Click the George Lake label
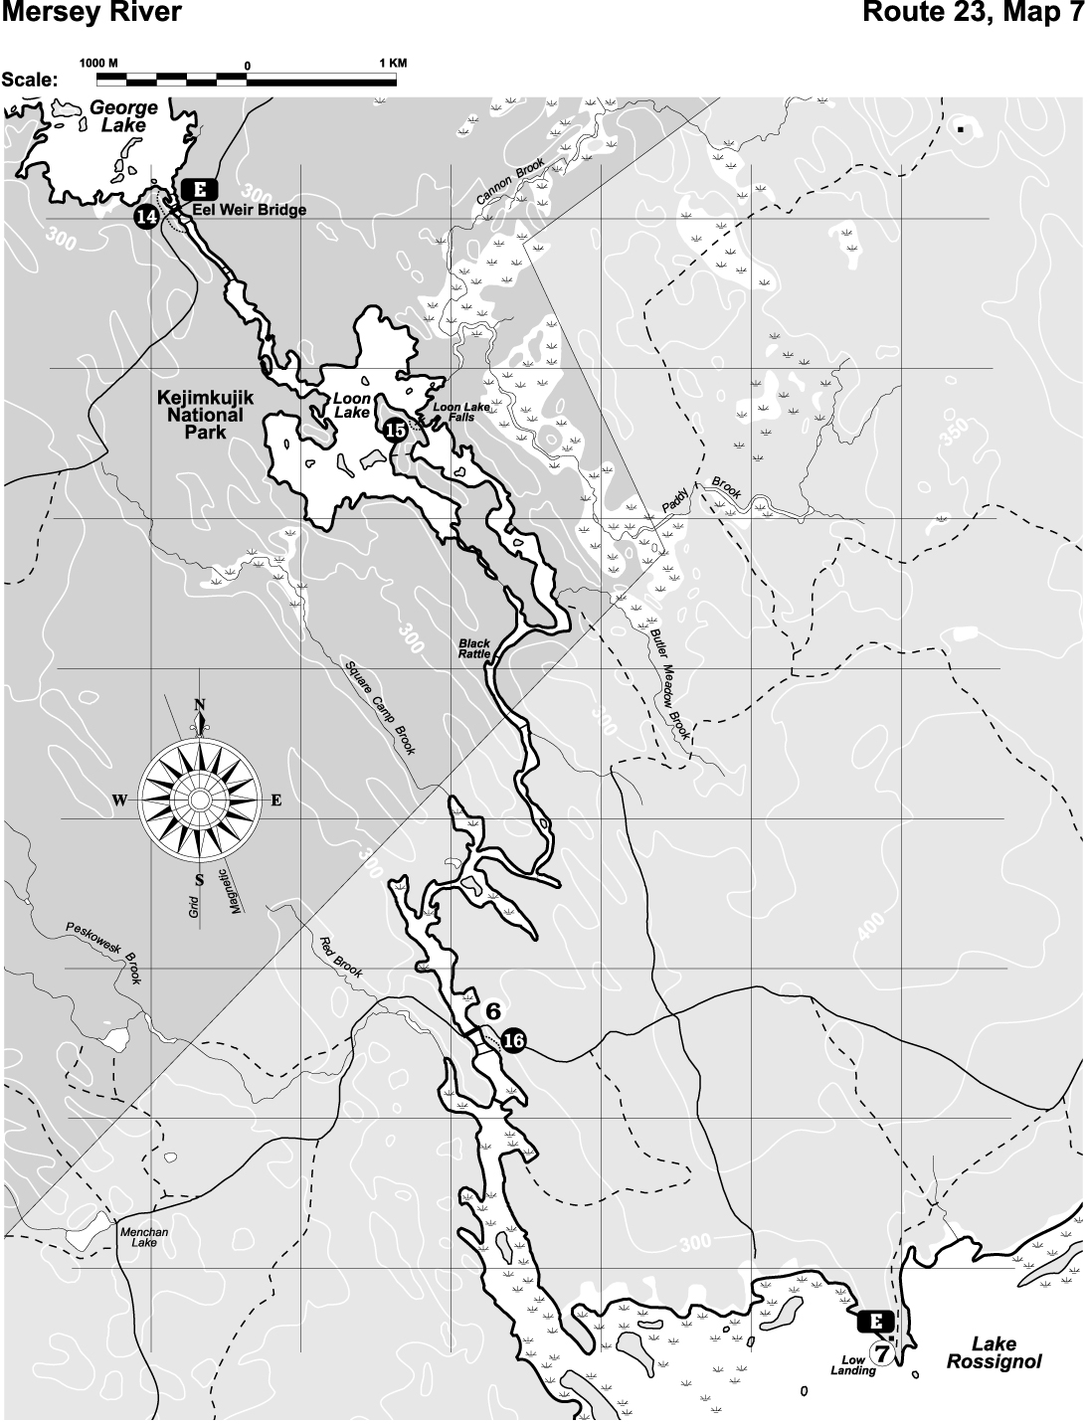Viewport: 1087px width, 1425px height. click(x=123, y=116)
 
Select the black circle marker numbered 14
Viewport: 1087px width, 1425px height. click(x=147, y=216)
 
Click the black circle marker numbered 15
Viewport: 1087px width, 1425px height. click(x=395, y=430)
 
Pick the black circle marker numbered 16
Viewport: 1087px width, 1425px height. click(x=513, y=1040)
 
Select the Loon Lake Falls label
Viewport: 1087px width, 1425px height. click(x=453, y=412)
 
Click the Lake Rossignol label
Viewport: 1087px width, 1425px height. click(x=994, y=1352)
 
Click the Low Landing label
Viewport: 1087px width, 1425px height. click(x=853, y=1363)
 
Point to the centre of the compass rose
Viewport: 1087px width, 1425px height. click(x=199, y=801)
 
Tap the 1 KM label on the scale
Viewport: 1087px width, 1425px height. click(x=394, y=63)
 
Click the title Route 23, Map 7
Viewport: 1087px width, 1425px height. click(x=974, y=13)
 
